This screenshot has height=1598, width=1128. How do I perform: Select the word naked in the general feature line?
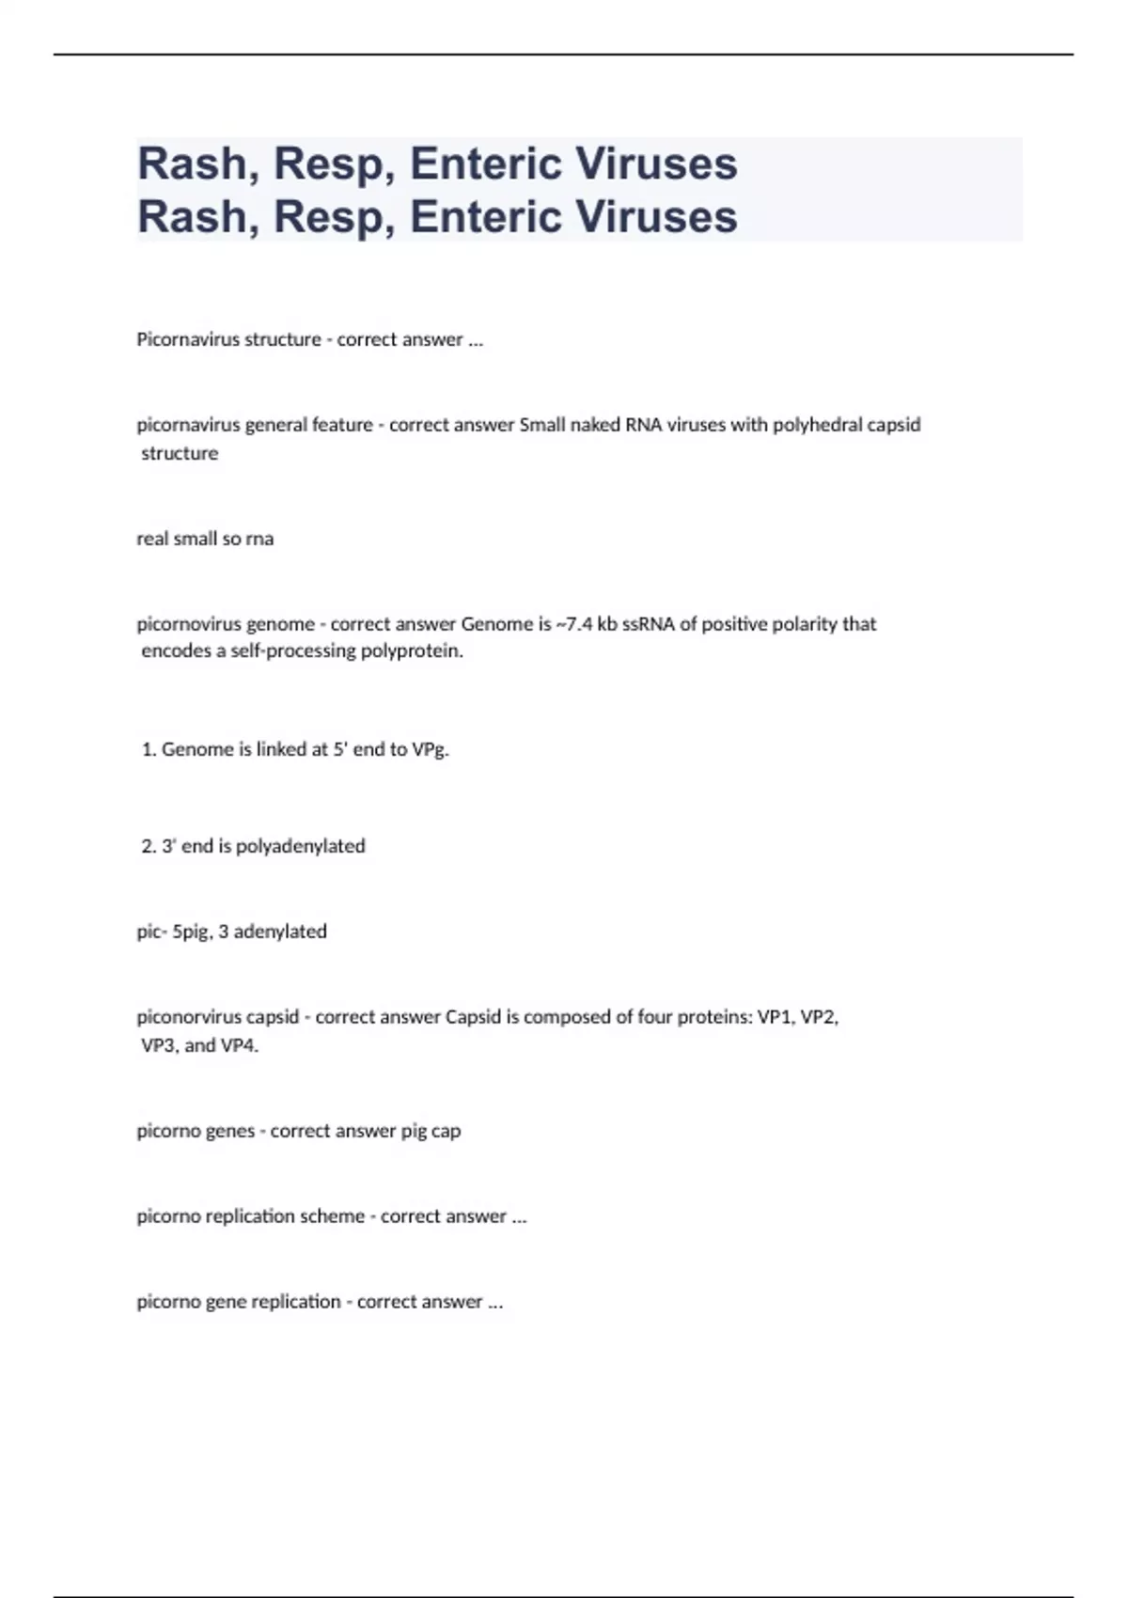tap(595, 425)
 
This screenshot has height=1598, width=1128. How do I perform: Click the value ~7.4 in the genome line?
tap(574, 624)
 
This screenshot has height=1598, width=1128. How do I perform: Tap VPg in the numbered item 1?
tap(430, 750)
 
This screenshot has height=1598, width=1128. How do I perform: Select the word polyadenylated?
tap(300, 846)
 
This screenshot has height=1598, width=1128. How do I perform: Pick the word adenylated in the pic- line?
tap(280, 932)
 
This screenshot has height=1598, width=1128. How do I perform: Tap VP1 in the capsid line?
tap(775, 1017)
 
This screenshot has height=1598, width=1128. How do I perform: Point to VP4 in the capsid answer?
tap(239, 1045)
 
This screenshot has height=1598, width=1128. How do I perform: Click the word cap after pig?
tap(446, 1131)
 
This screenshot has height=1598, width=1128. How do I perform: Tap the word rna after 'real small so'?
tap(259, 540)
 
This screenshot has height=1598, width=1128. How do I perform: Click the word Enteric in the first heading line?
tap(485, 164)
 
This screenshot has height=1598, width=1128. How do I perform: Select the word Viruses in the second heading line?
tap(656, 216)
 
